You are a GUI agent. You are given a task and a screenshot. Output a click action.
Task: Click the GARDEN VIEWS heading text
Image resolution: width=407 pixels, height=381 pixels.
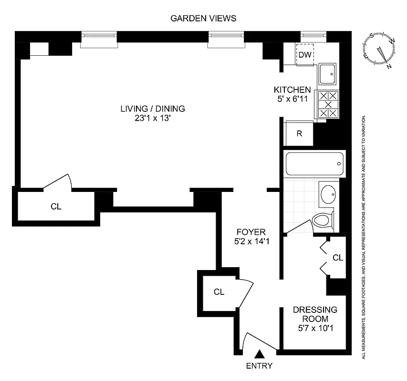203,19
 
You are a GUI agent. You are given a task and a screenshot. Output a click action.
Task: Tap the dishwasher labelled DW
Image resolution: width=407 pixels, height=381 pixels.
304,55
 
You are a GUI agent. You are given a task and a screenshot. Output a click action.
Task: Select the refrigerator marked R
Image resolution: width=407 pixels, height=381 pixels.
299,133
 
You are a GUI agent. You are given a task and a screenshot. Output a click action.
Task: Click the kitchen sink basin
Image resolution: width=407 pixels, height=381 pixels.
328,74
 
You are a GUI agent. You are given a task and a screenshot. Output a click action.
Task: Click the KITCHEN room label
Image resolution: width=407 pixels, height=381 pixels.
292,90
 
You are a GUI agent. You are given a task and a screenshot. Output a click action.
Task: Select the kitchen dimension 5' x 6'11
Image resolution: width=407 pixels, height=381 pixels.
292,99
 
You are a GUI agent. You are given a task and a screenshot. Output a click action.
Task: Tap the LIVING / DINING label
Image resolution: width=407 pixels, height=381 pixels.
152,109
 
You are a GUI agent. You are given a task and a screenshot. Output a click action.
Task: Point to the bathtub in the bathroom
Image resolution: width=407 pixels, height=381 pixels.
313,164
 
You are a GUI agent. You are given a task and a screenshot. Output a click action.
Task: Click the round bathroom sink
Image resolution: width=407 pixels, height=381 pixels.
327,194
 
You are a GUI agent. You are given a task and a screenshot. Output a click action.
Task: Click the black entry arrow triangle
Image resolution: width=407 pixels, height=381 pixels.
260,354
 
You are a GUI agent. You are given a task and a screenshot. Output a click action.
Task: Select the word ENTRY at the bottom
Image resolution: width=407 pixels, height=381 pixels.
260,366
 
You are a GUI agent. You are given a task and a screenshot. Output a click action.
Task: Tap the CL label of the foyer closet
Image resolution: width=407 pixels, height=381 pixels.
219,292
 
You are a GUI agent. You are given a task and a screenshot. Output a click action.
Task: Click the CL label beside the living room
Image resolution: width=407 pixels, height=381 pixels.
56,206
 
